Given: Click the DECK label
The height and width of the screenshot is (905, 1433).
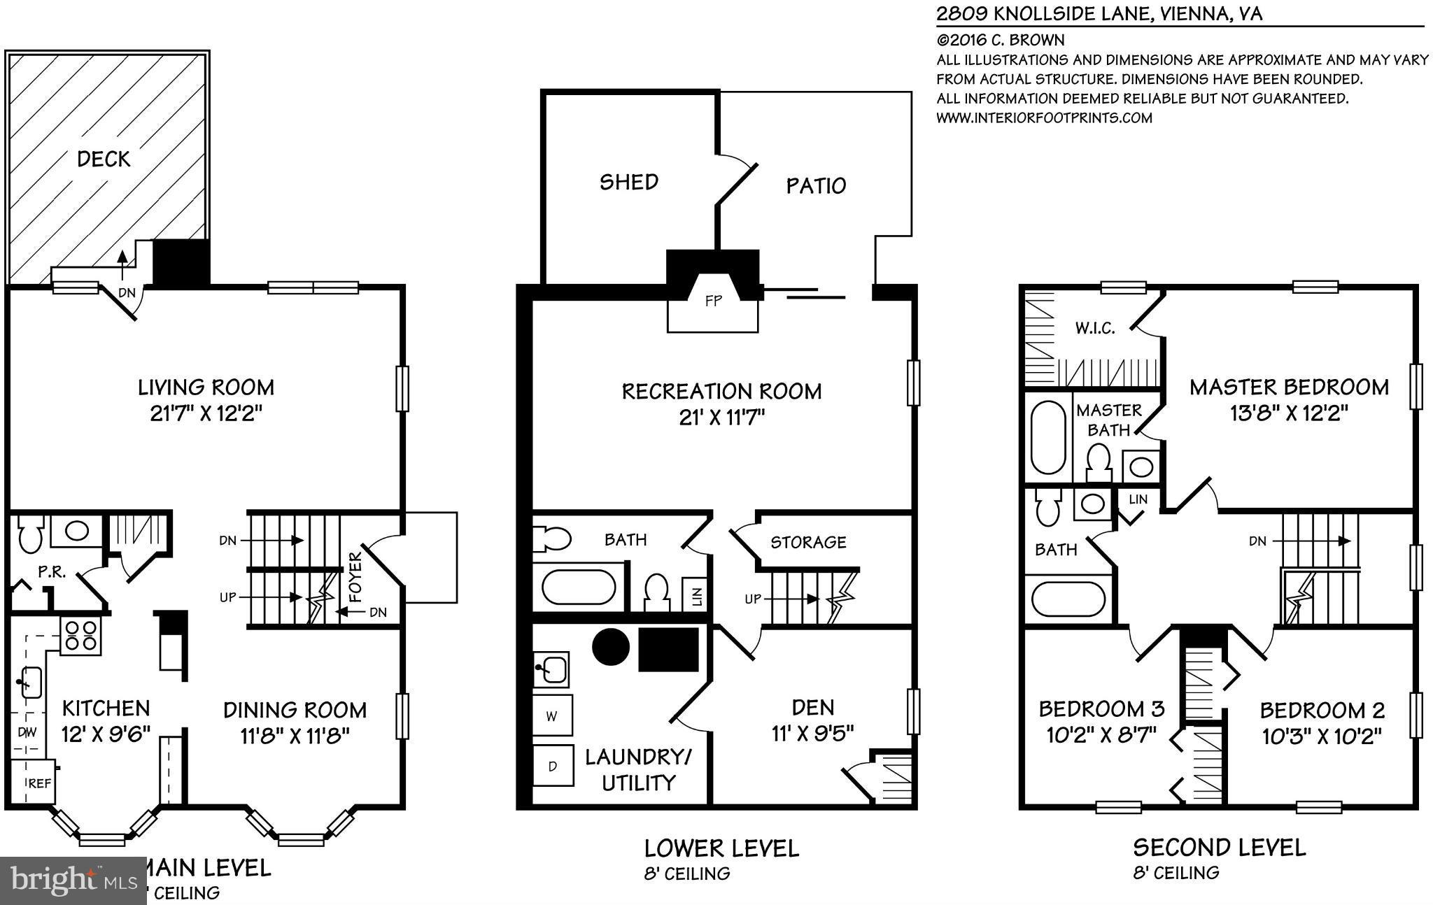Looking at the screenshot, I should point(104,159).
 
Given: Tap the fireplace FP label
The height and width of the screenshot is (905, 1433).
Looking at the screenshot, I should point(713,302).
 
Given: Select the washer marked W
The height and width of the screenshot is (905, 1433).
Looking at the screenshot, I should point(552,716).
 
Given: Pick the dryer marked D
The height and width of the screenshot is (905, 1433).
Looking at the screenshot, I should point(552,766).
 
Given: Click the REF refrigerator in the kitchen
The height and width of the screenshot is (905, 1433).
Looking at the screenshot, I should point(38,784).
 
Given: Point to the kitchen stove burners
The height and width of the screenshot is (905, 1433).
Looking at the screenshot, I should point(80,636).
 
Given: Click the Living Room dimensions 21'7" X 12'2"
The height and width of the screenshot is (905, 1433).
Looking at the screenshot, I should point(206,414).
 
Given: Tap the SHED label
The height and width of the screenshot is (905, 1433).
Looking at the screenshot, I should point(629,183).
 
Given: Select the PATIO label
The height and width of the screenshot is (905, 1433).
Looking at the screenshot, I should point(816,186).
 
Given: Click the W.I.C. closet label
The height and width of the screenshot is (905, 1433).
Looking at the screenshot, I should point(1095,328).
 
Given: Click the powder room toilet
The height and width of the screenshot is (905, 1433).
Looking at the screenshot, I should point(30,536).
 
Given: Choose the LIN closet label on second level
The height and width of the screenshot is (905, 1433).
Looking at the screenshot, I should point(1138,499).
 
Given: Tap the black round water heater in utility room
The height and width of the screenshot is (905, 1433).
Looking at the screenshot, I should point(612,647).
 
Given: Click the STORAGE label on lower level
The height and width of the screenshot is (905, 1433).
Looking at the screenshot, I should point(808,542).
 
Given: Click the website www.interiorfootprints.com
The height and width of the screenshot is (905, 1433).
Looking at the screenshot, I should point(1044,117).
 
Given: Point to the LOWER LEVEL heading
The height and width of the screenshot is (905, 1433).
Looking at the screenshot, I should point(721,849).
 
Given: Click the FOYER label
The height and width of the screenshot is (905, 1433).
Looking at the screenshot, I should point(355,577).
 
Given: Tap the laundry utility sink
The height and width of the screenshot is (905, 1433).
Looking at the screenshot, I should point(551,669).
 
